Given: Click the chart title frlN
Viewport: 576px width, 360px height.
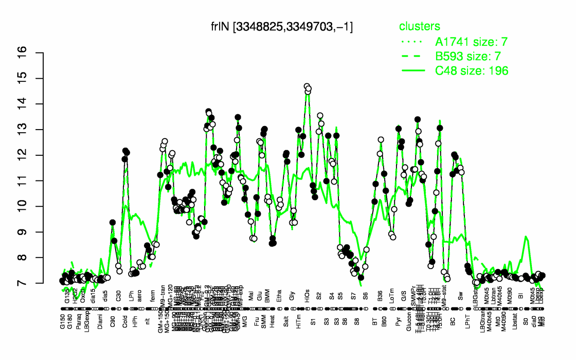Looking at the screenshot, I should (282, 27).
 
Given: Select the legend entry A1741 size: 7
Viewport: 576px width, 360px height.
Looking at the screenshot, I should (471, 42).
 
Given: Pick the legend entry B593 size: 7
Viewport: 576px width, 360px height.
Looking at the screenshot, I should (471, 56).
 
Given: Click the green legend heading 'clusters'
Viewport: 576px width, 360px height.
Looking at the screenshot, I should (419, 27).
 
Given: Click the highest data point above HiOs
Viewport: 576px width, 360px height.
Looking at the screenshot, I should (306, 86).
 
